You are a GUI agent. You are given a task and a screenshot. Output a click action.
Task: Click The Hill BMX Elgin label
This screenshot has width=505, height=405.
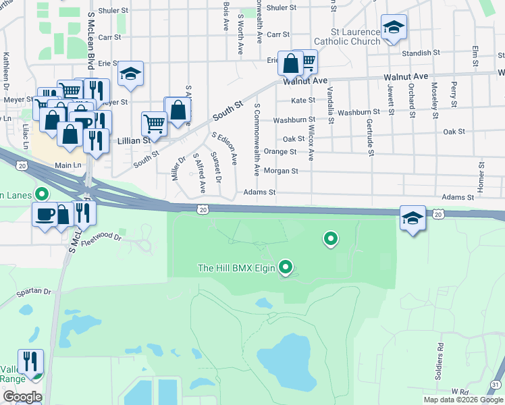pyautogui.click(x=236, y=268)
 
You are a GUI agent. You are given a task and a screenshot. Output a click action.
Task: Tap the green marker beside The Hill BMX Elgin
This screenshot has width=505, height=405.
pyautogui.click(x=286, y=268)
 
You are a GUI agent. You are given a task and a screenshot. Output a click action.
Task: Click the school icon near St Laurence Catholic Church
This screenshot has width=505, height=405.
pyautogui.click(x=394, y=28)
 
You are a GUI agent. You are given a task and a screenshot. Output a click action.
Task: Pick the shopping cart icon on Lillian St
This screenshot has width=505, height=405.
pyautogui.click(x=154, y=124)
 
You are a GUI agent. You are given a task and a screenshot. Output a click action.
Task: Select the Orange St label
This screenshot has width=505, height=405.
pyautogui.click(x=280, y=152)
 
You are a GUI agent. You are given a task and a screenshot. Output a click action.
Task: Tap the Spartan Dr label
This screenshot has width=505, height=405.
pyautogui.click(x=34, y=291)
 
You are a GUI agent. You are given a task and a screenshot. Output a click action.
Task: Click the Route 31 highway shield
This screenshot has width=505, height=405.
pyautogui.click(x=496, y=384)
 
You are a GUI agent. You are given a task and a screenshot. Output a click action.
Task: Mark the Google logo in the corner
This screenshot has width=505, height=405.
pyautogui.click(x=22, y=397)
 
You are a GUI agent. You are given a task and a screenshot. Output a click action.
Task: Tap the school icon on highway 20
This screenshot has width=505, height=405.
pyautogui.click(x=413, y=218)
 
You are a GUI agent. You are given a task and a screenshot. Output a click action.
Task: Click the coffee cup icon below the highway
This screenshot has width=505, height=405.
pyautogui.click(x=45, y=214)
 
